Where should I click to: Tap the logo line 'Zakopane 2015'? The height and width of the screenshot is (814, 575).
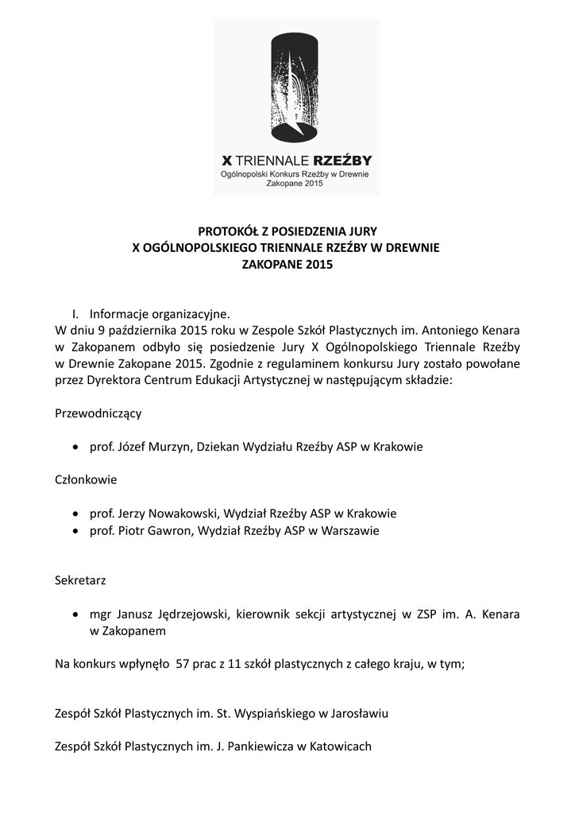click(x=295, y=184)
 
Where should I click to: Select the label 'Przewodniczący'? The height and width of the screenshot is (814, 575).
click(x=98, y=413)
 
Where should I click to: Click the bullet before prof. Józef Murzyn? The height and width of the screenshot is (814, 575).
click(x=75, y=448)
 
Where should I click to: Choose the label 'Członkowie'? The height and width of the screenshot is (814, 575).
click(x=87, y=480)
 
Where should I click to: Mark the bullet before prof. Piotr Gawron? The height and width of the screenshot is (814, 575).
click(x=75, y=531)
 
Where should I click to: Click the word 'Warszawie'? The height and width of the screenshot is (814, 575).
click(x=349, y=531)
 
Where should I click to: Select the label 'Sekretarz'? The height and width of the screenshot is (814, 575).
click(x=80, y=580)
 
